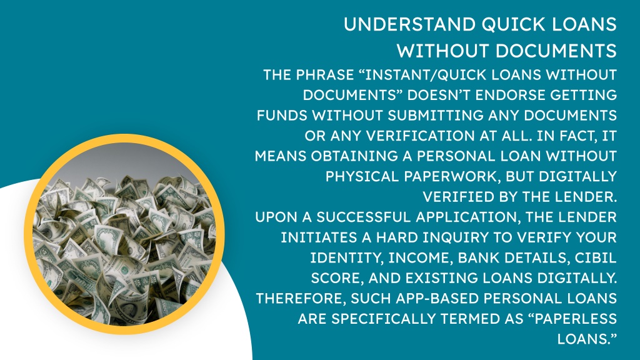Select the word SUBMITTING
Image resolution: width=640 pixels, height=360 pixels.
pos(436,116)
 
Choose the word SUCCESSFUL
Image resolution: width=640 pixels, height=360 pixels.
pos(364,217)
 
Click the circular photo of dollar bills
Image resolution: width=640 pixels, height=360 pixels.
pos(124,234)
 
